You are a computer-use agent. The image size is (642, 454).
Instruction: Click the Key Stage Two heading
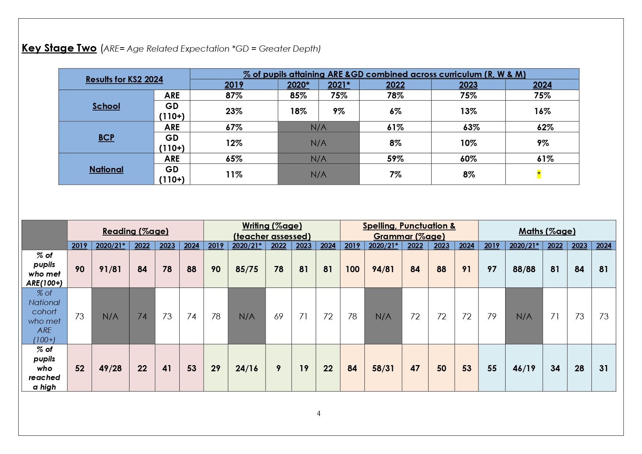coord(59,48)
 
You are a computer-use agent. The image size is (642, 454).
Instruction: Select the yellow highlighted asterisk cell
coord(539,175)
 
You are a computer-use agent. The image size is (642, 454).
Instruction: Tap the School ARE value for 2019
coord(234,95)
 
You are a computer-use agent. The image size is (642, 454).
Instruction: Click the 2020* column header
coord(298,85)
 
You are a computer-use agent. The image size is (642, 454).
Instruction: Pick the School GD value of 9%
coord(339,111)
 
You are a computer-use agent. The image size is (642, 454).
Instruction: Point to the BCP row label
coord(106,138)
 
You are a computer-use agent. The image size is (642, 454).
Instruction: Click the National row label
coord(106,169)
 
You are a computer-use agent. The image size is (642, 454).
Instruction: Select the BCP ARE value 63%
coord(471,127)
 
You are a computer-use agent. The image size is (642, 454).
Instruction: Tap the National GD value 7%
coord(395,175)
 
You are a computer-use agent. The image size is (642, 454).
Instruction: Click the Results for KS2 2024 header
coord(124,79)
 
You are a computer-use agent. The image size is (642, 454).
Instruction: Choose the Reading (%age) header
coord(135,231)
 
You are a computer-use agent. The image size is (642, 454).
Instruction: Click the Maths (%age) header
coord(547,231)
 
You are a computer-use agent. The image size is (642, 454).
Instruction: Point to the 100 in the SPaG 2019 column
coord(352,269)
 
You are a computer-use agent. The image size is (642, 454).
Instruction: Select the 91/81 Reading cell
coord(110,269)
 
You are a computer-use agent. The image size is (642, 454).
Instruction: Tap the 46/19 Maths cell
coord(524,368)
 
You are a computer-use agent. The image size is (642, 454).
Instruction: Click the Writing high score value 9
coord(278,368)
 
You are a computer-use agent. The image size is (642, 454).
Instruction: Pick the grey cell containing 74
coord(142,316)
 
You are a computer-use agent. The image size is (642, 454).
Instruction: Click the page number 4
coord(319,413)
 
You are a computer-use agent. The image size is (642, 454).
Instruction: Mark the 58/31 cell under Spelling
coord(383,368)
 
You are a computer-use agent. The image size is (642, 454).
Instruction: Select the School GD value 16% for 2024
coord(542,111)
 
